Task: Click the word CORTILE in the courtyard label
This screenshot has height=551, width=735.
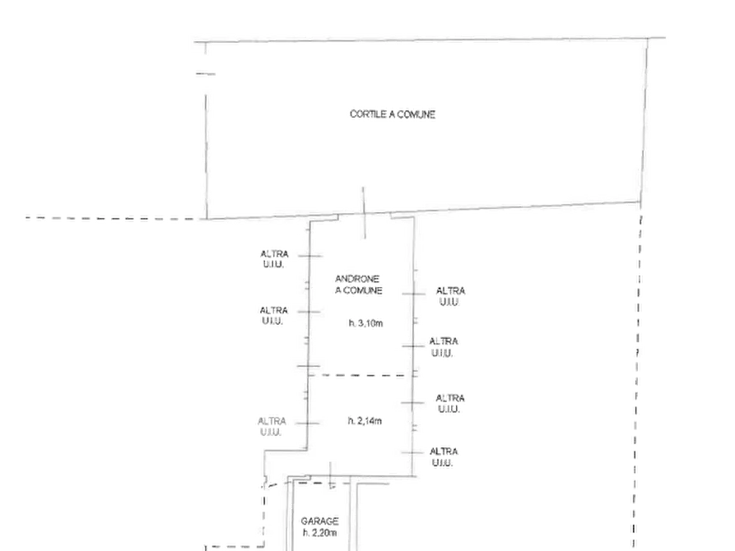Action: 368,113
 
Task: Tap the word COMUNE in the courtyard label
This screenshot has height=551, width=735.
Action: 416,114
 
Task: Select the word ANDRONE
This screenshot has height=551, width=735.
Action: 357,279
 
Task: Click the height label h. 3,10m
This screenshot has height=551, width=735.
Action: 365,323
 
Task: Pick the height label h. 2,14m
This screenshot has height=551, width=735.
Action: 365,421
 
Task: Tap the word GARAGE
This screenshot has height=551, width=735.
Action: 319,521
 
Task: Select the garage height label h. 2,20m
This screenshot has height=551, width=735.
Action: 319,533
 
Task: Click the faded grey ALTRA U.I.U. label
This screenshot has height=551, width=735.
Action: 272,426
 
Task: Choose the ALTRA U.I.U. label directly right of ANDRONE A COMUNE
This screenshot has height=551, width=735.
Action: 450,297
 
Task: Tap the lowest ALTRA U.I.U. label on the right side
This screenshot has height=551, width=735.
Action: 444,457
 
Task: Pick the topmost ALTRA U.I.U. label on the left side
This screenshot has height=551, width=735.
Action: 274,259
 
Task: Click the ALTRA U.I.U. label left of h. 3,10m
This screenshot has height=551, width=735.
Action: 273,316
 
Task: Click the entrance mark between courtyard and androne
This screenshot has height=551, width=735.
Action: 364,213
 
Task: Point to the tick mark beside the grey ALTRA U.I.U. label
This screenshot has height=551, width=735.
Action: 307,424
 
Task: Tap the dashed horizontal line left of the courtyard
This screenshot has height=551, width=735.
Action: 112,218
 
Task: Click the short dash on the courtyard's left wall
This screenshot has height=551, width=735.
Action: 205,73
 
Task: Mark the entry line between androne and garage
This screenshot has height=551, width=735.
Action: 331,475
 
